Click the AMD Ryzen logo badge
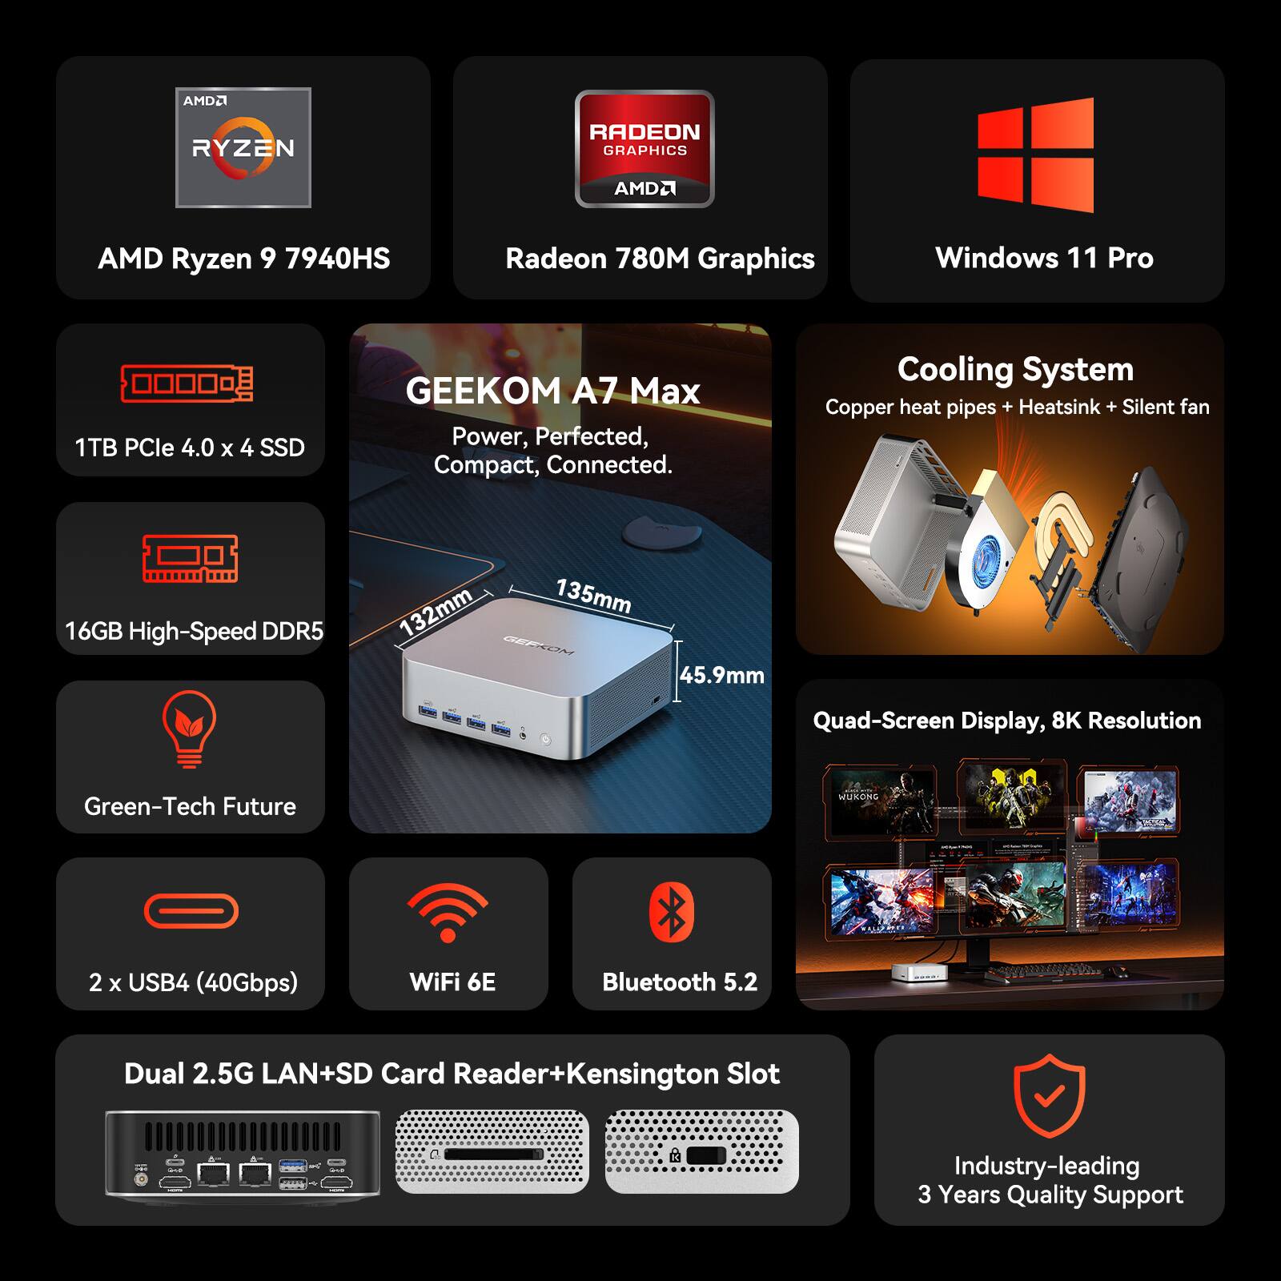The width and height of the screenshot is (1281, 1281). [x=243, y=148]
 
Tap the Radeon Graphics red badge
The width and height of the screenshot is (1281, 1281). [x=645, y=150]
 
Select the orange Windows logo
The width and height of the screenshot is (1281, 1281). [x=1036, y=155]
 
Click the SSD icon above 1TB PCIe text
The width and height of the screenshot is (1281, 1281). [x=187, y=383]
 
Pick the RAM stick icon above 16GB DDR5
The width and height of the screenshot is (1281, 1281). [x=191, y=558]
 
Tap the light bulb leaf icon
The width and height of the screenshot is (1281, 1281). [x=189, y=727]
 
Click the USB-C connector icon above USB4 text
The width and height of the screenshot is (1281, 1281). [x=191, y=911]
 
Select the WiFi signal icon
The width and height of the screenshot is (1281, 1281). [x=448, y=914]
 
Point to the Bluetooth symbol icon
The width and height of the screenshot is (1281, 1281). [x=672, y=912]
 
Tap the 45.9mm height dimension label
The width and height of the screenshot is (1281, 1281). [x=722, y=676]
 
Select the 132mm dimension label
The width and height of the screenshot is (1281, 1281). [x=436, y=612]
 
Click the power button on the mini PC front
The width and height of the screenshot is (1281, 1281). [x=546, y=739]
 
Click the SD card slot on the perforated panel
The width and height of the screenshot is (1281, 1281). [x=490, y=1155]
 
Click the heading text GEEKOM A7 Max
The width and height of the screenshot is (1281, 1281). [x=552, y=392]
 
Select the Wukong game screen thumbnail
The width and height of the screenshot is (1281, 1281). [x=879, y=801]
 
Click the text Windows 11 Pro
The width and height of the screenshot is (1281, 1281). [x=1044, y=258]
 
